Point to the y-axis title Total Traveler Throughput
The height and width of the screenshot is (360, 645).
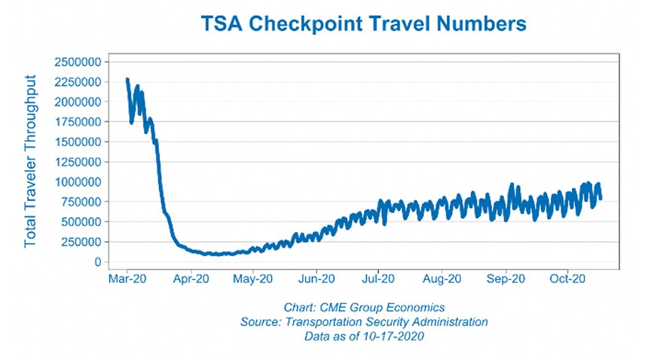pos(32,161)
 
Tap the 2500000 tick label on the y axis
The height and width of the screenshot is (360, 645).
pos(77,61)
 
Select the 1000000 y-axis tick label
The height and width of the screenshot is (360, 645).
pos(77,182)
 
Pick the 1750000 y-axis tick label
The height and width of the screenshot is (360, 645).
pos(77,121)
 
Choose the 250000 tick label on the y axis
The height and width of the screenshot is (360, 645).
pos(80,242)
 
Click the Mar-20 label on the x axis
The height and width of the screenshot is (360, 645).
pos(127,278)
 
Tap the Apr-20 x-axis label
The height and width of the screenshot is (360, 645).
pos(191,278)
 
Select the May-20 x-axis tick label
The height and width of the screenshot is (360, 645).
pos(253,278)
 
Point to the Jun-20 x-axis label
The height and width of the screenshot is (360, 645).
pos(316,278)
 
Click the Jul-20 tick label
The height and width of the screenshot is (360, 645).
pos(379,278)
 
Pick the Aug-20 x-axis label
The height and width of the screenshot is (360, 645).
pos(442,278)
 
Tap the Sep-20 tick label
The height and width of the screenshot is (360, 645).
pos(505,278)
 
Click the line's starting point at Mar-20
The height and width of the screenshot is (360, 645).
pos(127,79)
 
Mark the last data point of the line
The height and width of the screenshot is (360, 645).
pos(601,199)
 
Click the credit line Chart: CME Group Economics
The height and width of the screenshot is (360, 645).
pos(364,307)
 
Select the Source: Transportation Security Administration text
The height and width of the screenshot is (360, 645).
pos(364,322)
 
